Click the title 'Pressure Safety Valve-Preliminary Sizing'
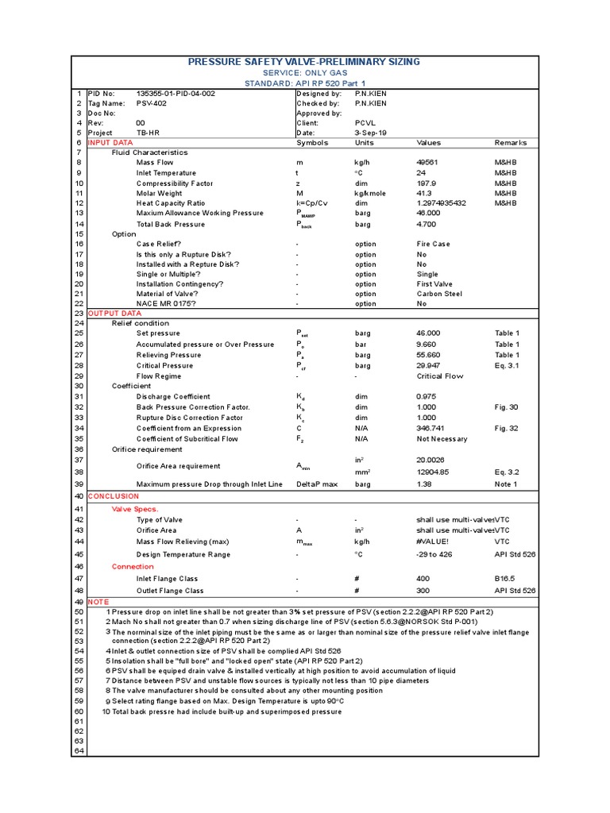coord(304,62)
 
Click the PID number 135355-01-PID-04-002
coord(176,93)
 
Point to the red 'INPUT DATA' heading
coord(110,143)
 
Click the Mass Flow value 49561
coord(427,163)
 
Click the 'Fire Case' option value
coord(433,244)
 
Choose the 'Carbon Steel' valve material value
coord(438,294)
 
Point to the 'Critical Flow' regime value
coord(440,376)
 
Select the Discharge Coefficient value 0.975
coord(427,396)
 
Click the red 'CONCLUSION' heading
coord(113,496)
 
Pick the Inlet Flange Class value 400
coord(423,579)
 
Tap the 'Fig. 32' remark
coord(506,428)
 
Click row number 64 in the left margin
coord(79,750)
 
